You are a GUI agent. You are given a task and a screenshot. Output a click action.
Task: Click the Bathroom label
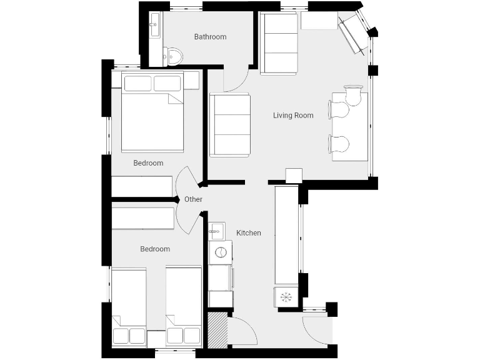(210, 37)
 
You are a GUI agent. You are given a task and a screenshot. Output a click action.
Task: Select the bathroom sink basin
(155, 27)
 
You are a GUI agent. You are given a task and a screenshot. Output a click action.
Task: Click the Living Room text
(293, 116)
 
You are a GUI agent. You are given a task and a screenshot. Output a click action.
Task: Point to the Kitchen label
(248, 233)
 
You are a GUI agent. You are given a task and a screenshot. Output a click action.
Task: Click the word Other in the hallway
(193, 199)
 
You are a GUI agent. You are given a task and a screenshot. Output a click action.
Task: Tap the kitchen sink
(216, 231)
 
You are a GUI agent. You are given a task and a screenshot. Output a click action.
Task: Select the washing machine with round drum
(220, 252)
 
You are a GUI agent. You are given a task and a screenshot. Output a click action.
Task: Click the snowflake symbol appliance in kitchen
(286, 296)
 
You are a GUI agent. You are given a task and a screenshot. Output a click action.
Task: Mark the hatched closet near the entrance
(217, 329)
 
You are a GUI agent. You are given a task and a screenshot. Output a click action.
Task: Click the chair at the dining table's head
(352, 94)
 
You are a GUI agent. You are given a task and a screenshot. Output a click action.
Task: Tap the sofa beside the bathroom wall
(278, 44)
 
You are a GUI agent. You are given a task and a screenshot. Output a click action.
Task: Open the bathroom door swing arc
(237, 80)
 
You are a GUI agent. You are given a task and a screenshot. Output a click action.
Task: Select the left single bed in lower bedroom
(129, 306)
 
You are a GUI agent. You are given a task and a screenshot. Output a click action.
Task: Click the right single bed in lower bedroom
(183, 306)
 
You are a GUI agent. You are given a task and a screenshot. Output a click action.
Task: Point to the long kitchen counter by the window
(287, 234)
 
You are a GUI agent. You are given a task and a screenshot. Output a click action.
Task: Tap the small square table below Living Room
(293, 176)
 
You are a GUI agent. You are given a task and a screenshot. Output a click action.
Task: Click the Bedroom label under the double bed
(148, 163)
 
